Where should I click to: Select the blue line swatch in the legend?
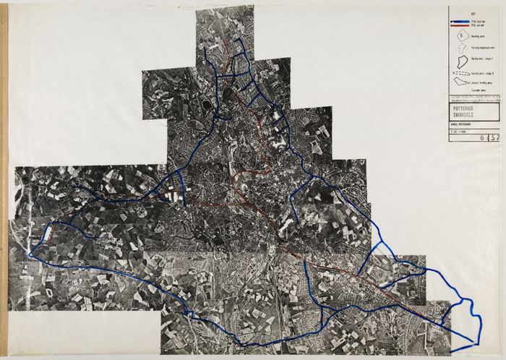[x=459, y=22]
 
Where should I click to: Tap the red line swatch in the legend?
[x=459, y=25]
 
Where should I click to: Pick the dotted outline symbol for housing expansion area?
[x=459, y=48]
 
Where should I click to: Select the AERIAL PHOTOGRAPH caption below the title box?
[x=460, y=124]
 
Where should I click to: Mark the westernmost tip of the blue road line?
[x=29, y=254]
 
